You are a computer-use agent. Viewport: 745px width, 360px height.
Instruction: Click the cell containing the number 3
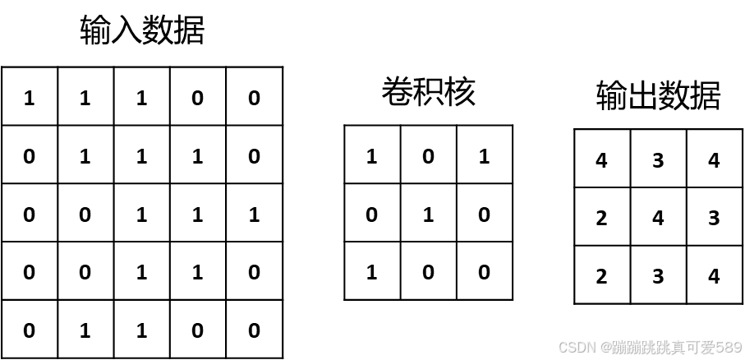tap(657, 159)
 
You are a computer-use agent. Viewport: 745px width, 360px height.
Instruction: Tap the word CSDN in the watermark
tap(576, 347)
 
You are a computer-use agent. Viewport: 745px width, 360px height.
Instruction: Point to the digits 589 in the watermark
tap(728, 347)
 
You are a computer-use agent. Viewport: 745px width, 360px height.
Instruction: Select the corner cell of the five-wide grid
tap(30, 97)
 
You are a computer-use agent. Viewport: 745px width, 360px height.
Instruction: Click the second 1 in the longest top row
tap(85, 97)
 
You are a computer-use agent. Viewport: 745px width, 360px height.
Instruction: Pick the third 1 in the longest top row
tap(141, 97)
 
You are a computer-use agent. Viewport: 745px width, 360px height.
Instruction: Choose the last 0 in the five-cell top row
tap(254, 97)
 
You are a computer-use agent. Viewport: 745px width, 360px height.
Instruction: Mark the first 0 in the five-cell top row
tap(197, 97)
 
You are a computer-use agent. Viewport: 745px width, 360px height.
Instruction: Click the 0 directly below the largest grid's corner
tap(30, 155)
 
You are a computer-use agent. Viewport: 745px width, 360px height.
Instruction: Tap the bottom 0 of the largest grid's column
tap(30, 330)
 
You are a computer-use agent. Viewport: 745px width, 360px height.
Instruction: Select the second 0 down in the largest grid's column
tap(30, 213)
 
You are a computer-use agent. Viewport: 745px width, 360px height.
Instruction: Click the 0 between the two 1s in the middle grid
tap(428, 155)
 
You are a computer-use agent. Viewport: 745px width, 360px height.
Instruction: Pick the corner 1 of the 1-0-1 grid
tap(371, 155)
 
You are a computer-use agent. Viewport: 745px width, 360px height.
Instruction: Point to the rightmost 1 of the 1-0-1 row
tap(484, 155)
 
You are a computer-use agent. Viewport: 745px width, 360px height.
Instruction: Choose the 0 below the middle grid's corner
tap(371, 213)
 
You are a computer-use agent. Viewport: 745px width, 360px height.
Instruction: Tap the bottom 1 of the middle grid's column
tap(371, 270)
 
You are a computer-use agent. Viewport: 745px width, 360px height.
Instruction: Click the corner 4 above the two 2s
tap(601, 159)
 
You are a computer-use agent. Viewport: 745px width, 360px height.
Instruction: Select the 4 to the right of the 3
tap(714, 159)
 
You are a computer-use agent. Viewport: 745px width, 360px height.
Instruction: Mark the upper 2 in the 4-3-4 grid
tap(601, 218)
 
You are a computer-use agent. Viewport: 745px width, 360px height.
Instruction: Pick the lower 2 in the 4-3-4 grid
tap(601, 275)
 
